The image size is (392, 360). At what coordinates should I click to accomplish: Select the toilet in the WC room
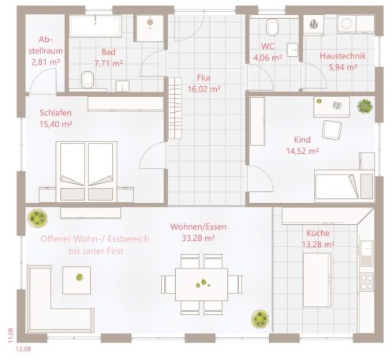(273, 29)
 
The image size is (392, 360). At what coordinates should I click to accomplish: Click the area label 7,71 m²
(109, 62)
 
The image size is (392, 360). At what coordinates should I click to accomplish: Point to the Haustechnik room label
(338, 57)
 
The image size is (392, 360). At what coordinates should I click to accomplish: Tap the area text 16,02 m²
(203, 90)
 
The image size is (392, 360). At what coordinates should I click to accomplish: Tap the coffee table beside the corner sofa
(79, 276)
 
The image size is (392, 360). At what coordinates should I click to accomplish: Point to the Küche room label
(319, 233)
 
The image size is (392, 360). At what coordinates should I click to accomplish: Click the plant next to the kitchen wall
(259, 318)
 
